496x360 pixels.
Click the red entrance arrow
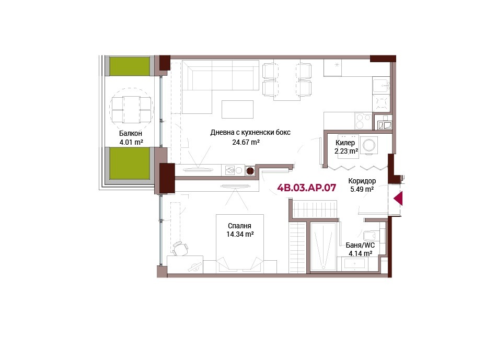398,199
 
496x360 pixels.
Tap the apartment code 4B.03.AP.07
306,188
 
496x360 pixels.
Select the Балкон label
131,133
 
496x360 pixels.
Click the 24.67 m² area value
246,142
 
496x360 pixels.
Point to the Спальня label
239,226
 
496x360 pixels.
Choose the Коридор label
362,181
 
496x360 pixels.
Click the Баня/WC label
360,245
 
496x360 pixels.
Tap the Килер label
345,143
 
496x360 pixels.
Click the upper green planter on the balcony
130,66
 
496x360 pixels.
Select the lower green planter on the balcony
130,164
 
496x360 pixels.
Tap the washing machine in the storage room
368,146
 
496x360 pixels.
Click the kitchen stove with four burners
363,121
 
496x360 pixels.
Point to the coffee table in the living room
238,109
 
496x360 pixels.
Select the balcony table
131,109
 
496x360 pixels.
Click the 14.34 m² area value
240,235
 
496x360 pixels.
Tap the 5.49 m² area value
362,190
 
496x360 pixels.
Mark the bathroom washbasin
354,263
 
